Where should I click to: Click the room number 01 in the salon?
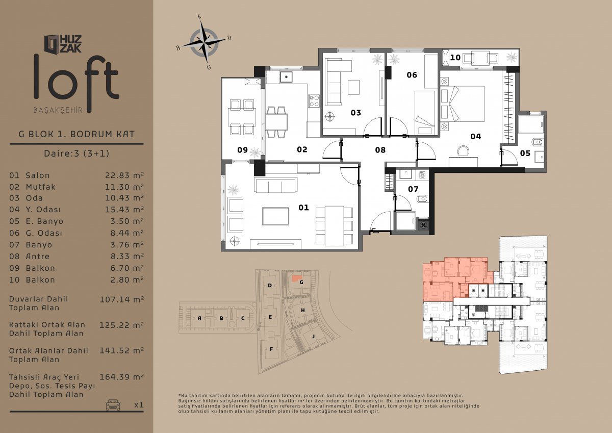click(x=303, y=208)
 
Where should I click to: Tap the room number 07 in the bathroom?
click(x=413, y=189)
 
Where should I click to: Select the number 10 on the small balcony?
click(x=455, y=58)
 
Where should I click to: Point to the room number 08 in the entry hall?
click(x=380, y=150)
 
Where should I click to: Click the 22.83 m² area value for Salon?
click(x=124, y=175)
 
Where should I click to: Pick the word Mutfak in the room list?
click(x=41, y=187)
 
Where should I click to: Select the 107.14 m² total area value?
click(x=121, y=299)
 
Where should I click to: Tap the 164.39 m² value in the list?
click(x=121, y=377)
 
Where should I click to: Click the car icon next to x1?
click(x=113, y=404)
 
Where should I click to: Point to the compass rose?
click(x=204, y=42)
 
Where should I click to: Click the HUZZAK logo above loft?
click(x=63, y=44)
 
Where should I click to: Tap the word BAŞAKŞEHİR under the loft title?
click(x=58, y=110)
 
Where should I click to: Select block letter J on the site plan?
click(x=313, y=336)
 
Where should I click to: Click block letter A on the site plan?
click(x=199, y=318)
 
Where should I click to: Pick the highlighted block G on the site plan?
click(x=301, y=282)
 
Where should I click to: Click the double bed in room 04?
click(x=462, y=104)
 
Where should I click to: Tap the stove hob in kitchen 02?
click(x=314, y=100)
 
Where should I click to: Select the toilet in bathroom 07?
click(x=423, y=198)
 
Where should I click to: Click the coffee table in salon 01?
click(x=276, y=216)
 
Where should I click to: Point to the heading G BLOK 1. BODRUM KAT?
click(x=76, y=134)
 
